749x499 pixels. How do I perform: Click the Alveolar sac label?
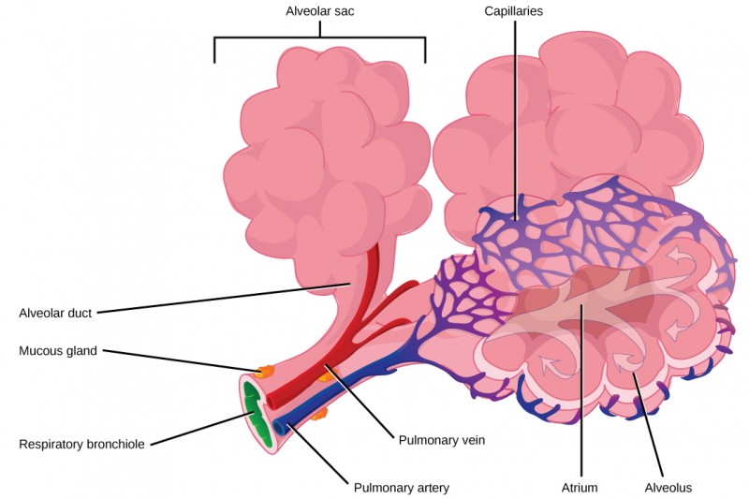319,12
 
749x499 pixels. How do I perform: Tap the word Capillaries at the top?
514,12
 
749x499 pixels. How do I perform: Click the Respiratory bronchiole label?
81,444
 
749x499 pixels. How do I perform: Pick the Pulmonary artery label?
401,487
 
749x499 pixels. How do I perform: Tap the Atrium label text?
581,487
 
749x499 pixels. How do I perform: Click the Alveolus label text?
668,487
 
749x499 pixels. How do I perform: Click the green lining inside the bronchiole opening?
253,412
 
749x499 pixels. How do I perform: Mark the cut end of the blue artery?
280,427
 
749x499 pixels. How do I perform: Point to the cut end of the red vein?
272,400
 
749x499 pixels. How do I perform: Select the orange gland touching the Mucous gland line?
265,372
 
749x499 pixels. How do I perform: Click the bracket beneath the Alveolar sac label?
319,38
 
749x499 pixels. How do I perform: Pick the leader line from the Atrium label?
581,393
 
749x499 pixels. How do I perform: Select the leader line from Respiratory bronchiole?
197,426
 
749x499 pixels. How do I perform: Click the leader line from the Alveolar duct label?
225,298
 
